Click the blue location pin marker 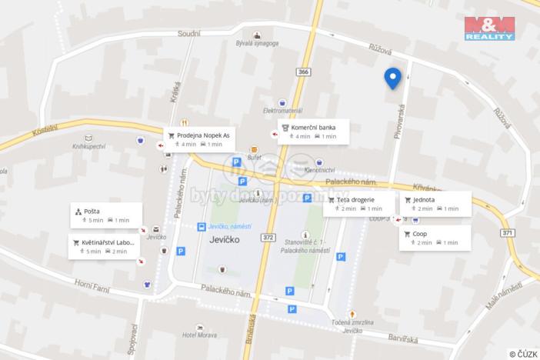tap(392, 78)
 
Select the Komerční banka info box tap(313, 132)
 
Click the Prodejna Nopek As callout tap(198, 139)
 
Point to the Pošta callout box tap(105, 215)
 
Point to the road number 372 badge tap(268, 237)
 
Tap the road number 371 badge tap(507, 233)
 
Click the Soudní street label tap(188, 33)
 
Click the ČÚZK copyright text tap(523, 354)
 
